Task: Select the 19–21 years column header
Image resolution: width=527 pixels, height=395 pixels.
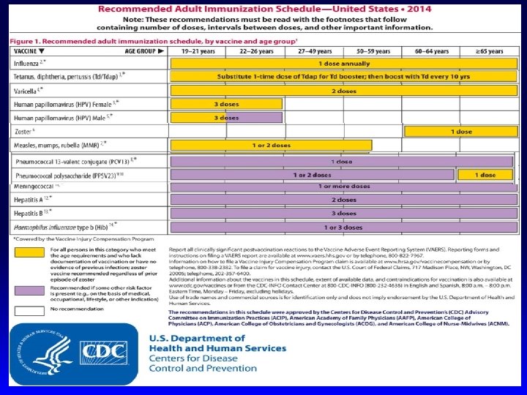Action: click(198, 51)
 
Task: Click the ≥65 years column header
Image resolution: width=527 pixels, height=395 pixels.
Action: click(489, 51)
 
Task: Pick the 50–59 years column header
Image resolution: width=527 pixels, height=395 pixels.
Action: click(373, 51)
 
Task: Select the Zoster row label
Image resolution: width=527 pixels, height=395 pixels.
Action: click(24, 132)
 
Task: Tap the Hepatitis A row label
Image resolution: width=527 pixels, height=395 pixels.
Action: click(31, 200)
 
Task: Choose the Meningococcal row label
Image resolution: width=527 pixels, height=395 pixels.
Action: click(35, 187)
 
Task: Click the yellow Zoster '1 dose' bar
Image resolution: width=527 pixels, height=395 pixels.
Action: click(461, 131)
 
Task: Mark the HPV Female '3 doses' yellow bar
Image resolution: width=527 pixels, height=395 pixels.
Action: click(226, 104)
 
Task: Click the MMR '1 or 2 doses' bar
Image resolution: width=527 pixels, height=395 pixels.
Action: click(271, 145)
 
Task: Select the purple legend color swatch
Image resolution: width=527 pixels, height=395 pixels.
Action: click(29, 290)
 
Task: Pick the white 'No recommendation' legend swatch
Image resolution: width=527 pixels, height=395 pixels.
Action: click(29, 310)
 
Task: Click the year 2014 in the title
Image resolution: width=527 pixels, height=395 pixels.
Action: click(419, 9)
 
